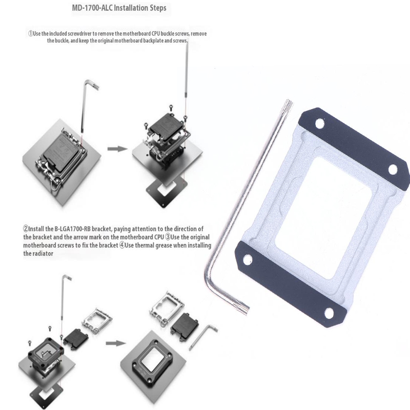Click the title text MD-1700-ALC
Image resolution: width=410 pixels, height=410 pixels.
[x=92, y=8]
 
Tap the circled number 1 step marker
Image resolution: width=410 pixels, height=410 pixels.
[x=31, y=34]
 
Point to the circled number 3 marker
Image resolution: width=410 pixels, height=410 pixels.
[x=168, y=237]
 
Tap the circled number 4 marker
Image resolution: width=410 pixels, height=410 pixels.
[x=122, y=245]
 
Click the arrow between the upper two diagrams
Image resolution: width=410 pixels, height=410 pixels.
[x=117, y=149]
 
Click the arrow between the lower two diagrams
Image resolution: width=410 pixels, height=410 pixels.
[x=116, y=343]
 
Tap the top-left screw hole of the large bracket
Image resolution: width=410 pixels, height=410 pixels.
[x=319, y=124]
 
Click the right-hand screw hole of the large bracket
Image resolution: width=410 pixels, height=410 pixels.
[x=393, y=170]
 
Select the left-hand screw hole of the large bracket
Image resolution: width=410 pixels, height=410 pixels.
[x=248, y=260]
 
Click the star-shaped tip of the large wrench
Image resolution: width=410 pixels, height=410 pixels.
[x=288, y=104]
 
